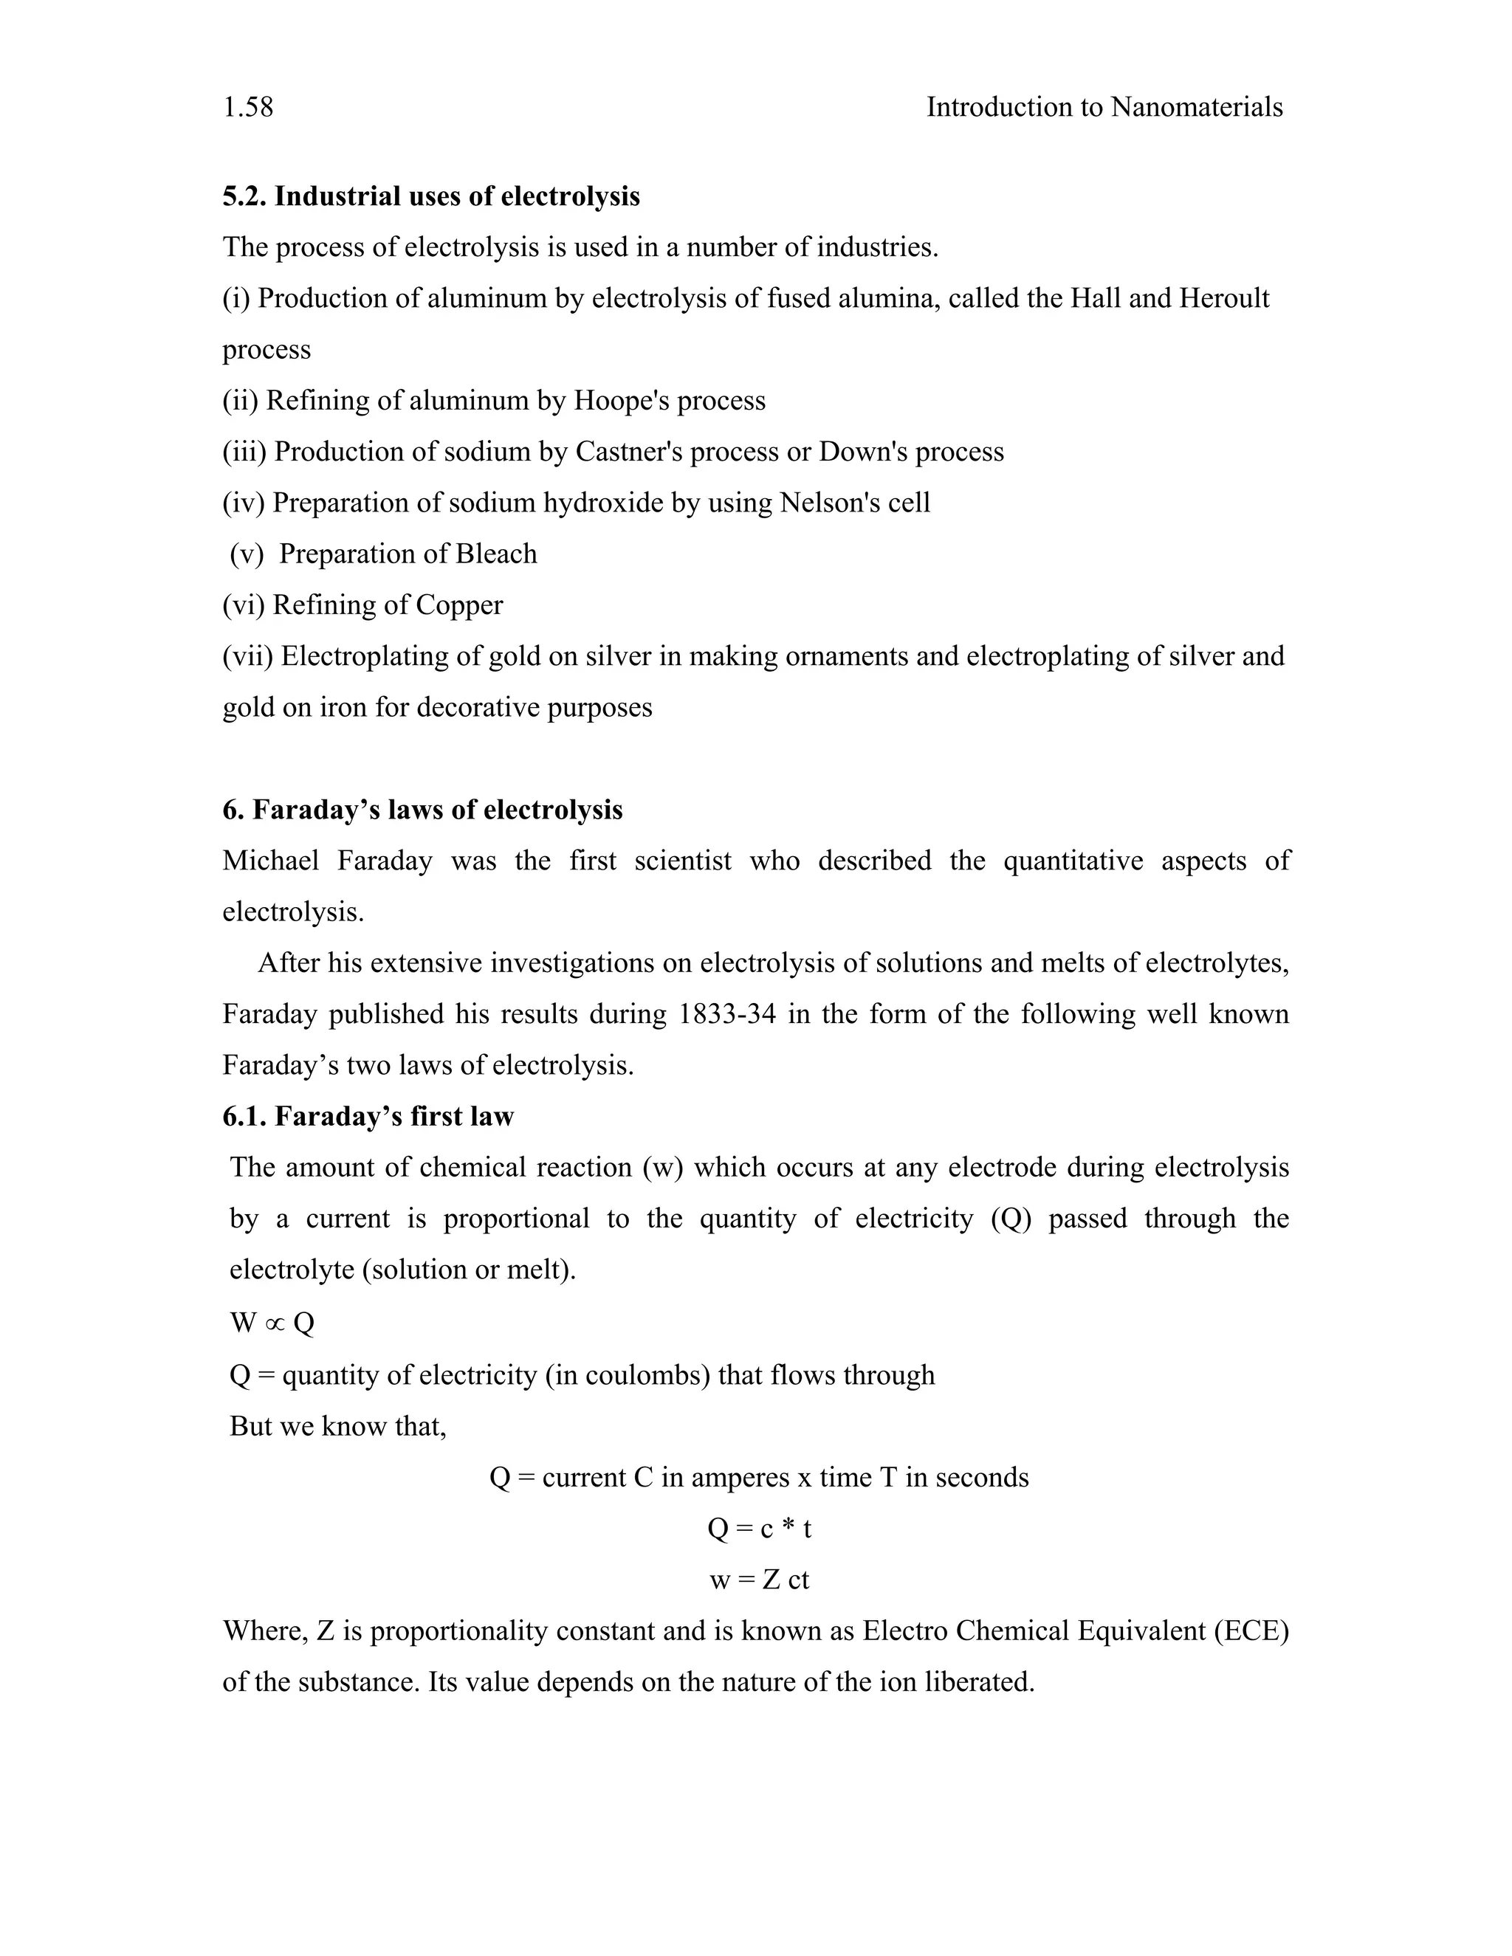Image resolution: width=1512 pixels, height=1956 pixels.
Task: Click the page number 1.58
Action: [247, 108]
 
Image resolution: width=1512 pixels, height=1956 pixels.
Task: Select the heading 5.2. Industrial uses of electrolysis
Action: [431, 196]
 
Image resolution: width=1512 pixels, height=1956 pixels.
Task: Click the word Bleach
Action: [495, 554]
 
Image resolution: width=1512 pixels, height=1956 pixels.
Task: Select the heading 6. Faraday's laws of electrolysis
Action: [422, 810]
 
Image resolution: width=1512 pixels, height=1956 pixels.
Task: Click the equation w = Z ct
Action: [759, 1580]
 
